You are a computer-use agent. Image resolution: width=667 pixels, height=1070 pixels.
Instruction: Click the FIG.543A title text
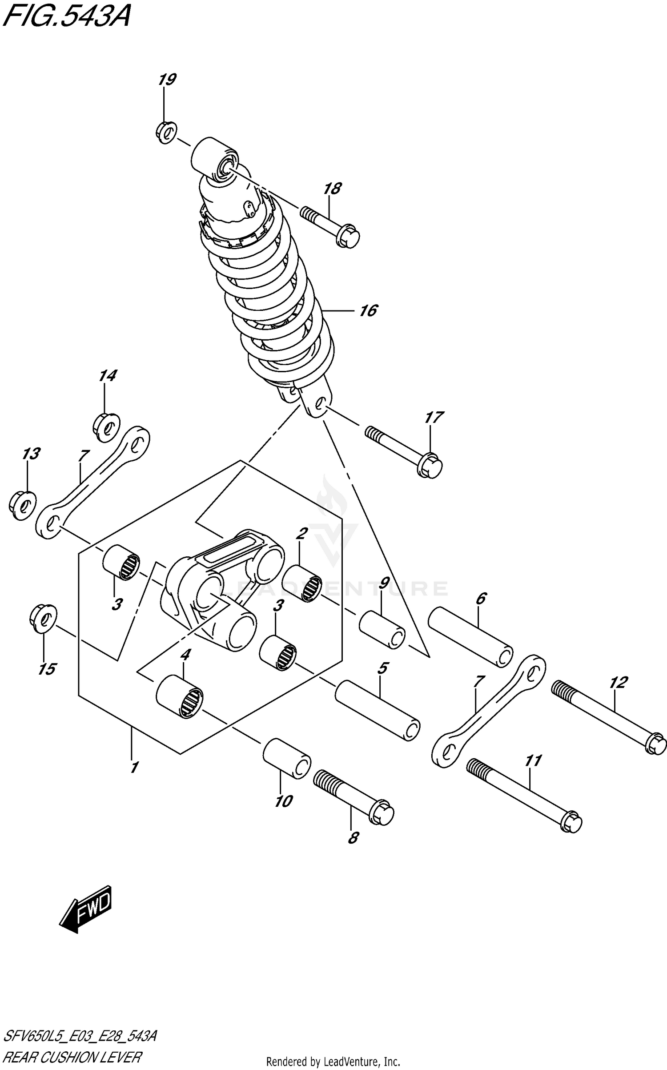click(67, 18)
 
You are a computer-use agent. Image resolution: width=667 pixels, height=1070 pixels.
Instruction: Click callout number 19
click(167, 80)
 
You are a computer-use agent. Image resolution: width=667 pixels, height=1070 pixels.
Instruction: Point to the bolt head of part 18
click(349, 237)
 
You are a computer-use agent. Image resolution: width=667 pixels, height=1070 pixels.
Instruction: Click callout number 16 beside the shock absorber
click(368, 310)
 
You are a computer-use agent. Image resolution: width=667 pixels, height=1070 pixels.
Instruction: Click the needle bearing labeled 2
click(302, 583)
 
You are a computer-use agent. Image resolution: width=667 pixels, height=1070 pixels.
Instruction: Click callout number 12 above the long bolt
click(618, 682)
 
